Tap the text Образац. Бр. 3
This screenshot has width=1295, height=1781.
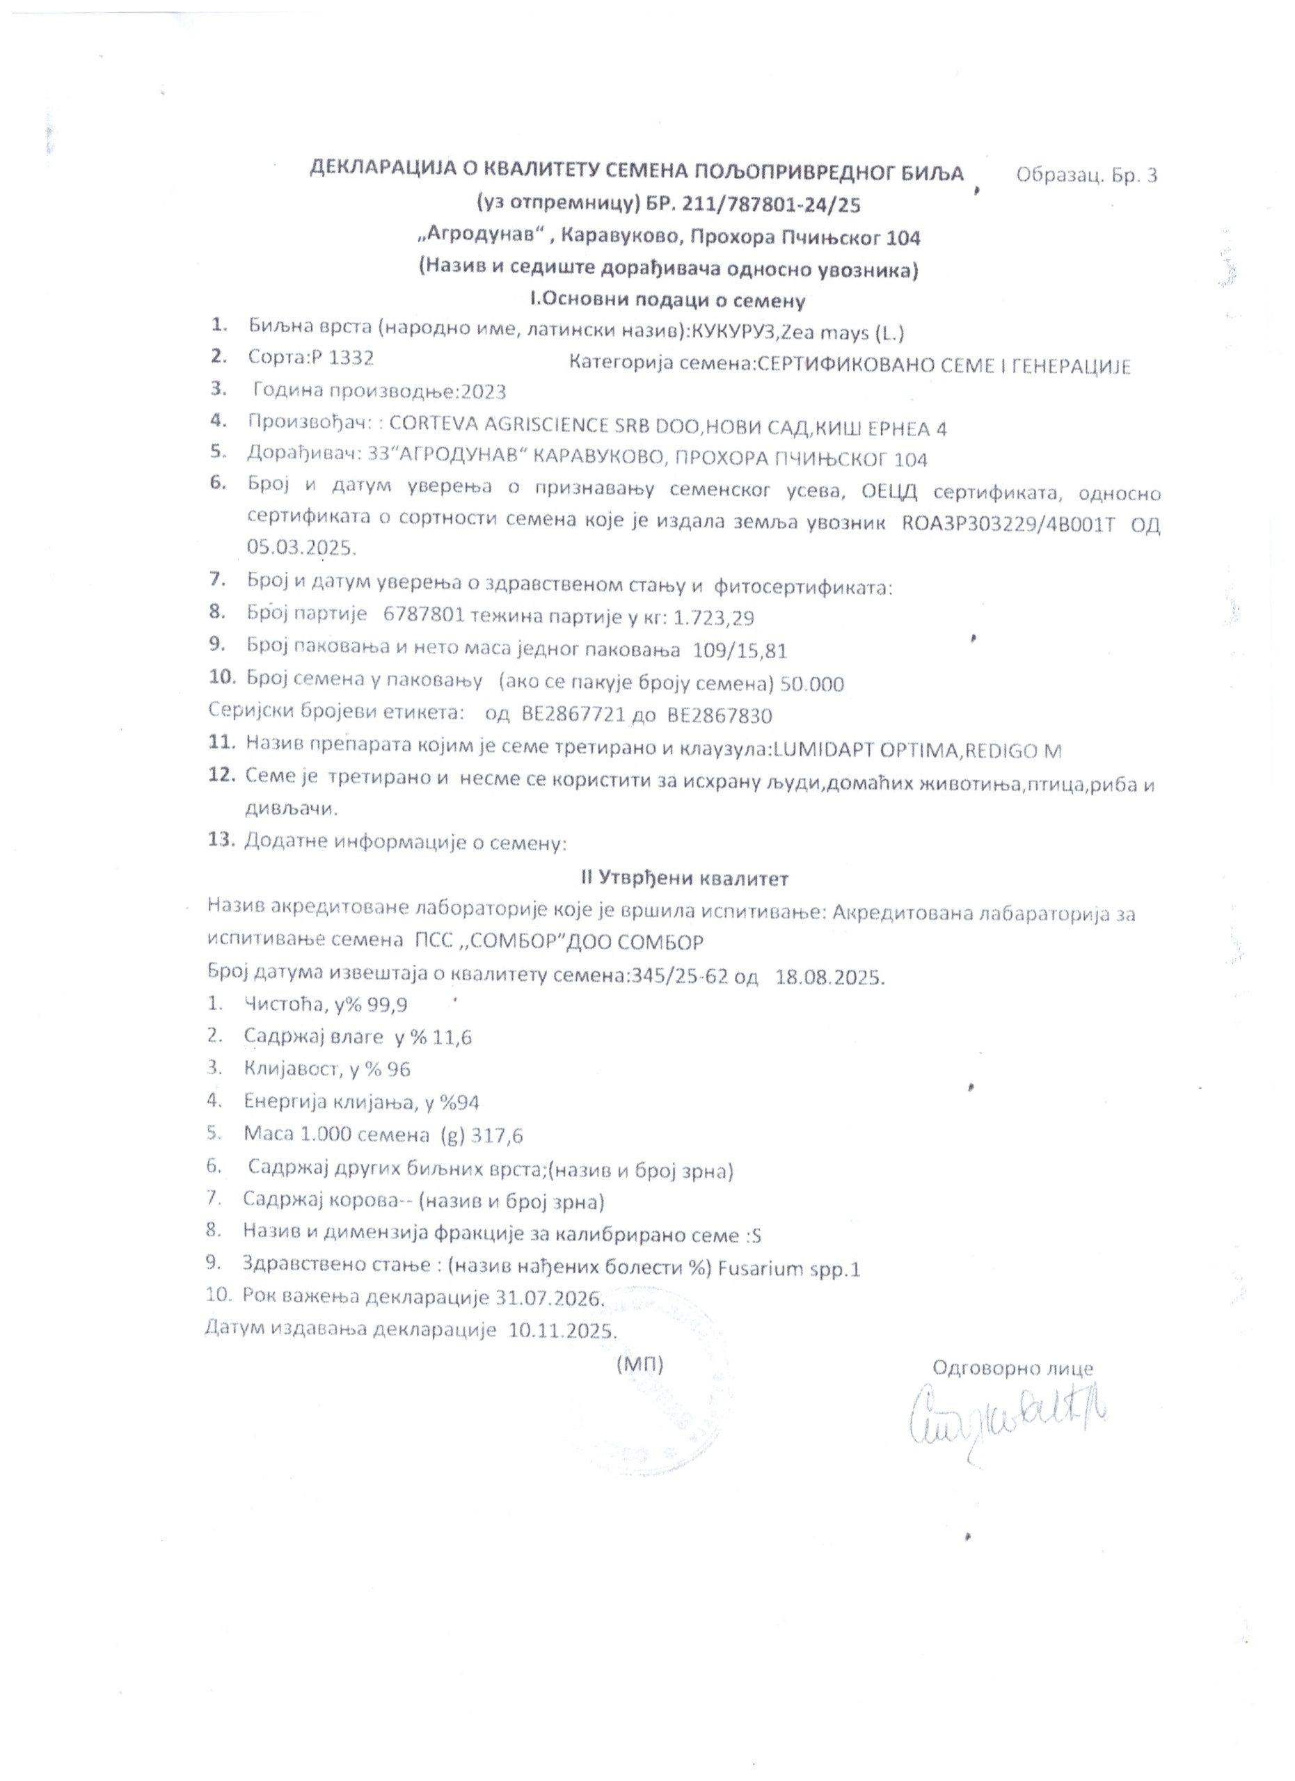[1086, 176]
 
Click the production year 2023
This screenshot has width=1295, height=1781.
[484, 392]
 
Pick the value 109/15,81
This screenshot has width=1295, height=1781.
[740, 651]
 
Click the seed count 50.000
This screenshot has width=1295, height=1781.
[812, 684]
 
